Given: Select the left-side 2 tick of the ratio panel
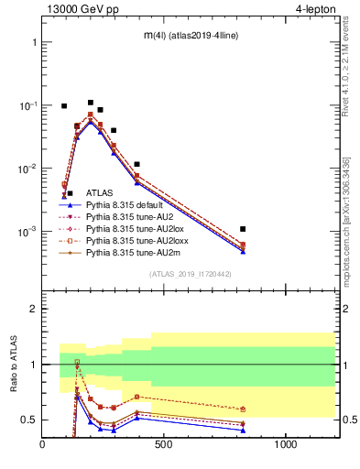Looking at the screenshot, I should tap(34, 309).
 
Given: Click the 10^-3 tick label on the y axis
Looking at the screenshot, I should tap(26, 232).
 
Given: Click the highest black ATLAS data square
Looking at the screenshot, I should tap(90, 103).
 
